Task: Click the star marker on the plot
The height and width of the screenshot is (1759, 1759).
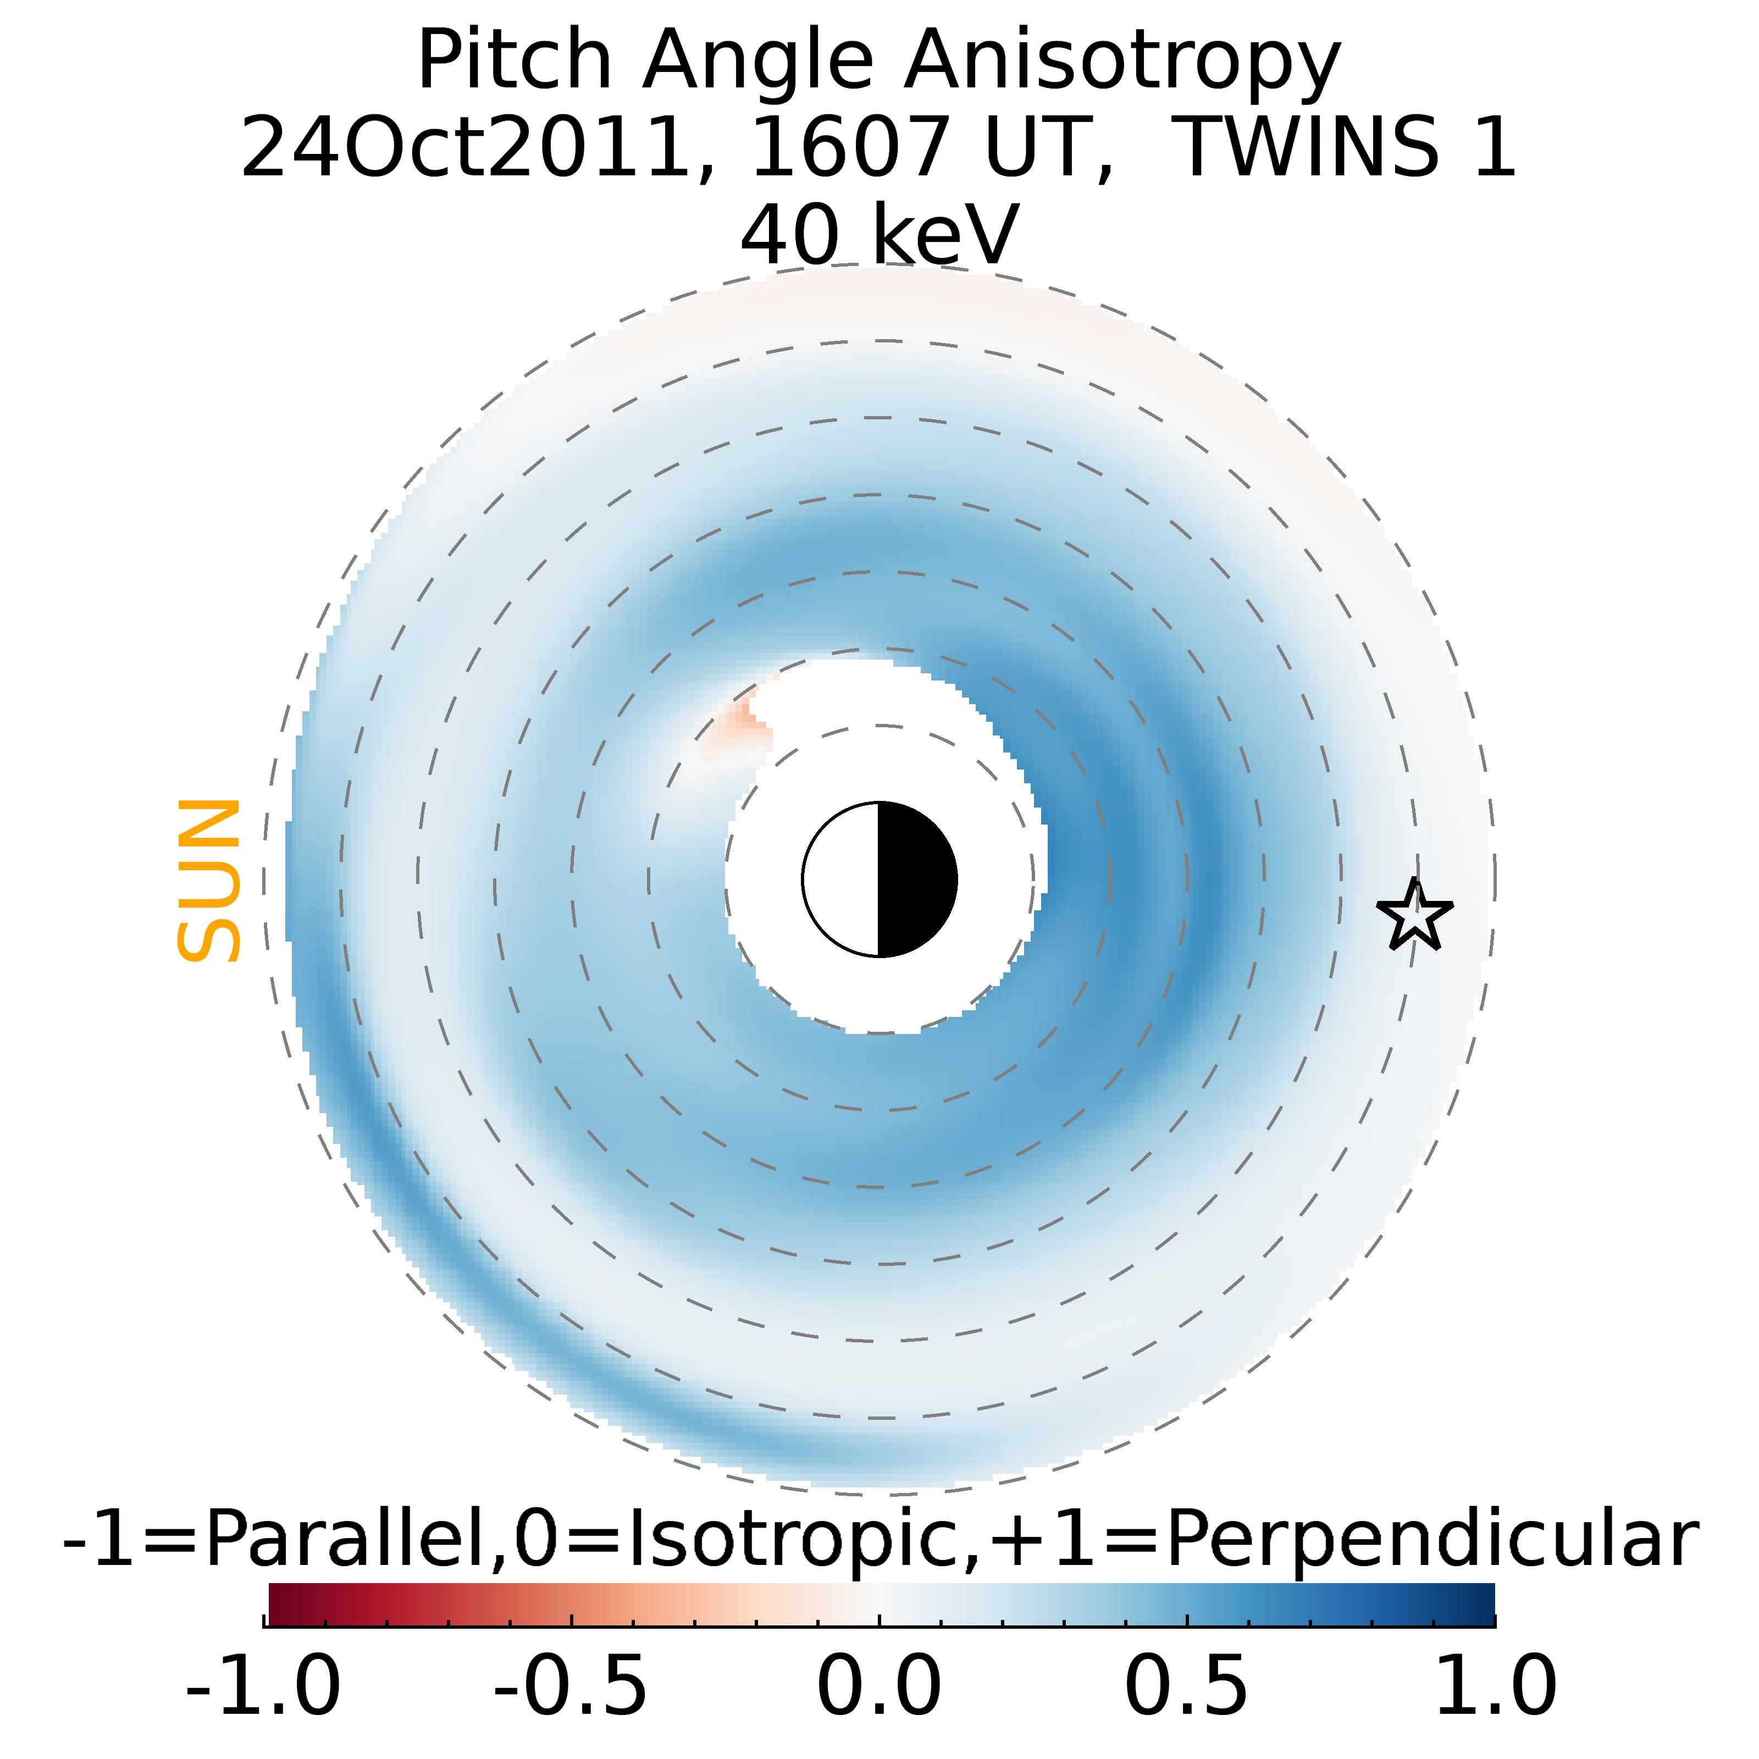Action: click(1414, 915)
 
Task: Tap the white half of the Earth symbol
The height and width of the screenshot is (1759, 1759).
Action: click(842, 879)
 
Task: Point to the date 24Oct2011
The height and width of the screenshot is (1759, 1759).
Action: click(464, 147)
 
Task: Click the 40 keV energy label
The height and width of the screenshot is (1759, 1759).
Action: click(878, 235)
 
